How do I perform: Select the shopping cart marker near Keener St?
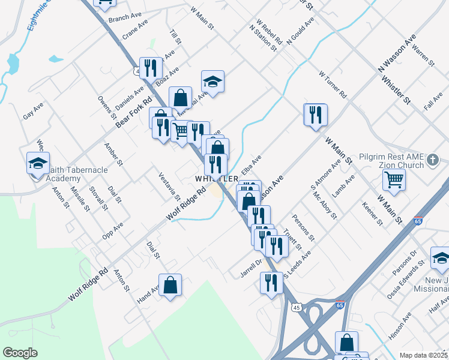394,179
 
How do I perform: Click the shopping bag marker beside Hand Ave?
170,284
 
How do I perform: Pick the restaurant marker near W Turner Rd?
316,114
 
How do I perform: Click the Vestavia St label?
169,187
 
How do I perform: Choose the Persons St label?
303,227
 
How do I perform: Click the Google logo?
20,353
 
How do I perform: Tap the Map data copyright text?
423,355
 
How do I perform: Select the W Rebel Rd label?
269,33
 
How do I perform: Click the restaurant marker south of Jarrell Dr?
271,282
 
